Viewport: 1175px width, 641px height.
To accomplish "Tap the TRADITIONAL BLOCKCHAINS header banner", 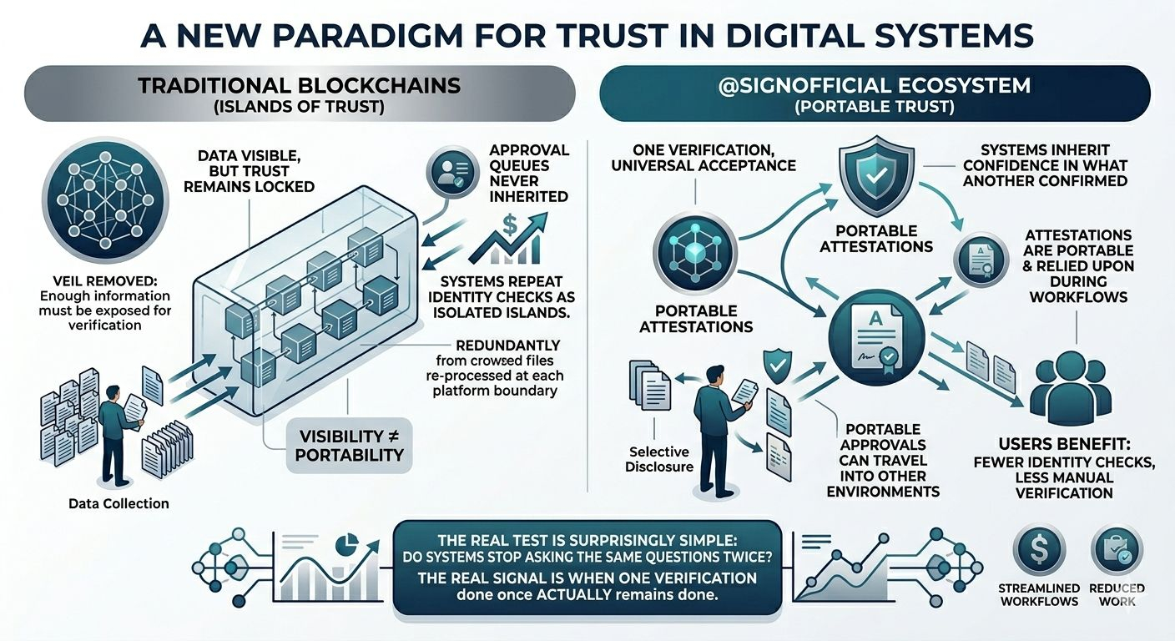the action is click(x=300, y=93).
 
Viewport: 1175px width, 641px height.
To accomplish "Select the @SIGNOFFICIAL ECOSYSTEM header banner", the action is click(x=875, y=93).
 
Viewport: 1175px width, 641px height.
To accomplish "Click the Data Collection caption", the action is click(x=118, y=503).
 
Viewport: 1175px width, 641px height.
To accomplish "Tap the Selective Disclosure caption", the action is click(x=659, y=458).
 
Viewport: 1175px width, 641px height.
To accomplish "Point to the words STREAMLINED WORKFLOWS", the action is click(x=1038, y=595).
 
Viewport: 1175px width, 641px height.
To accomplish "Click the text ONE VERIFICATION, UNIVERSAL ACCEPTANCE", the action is click(x=703, y=157).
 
